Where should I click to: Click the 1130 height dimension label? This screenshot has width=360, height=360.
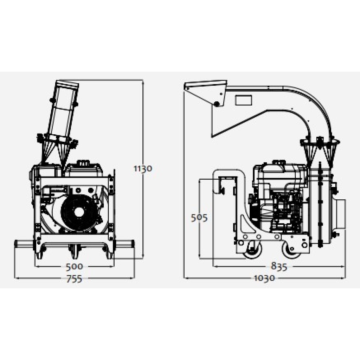click(143, 169)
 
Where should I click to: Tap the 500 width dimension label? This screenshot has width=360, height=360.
click(74, 266)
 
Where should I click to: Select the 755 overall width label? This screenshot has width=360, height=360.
click(74, 279)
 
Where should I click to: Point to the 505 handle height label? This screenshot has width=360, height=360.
click(199, 218)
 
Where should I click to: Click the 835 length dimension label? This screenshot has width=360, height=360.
click(279, 266)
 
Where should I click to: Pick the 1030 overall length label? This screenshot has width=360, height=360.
click(264, 278)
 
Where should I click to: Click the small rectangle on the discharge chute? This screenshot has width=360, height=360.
click(243, 100)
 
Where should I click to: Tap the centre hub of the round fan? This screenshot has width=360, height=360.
click(79, 213)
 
